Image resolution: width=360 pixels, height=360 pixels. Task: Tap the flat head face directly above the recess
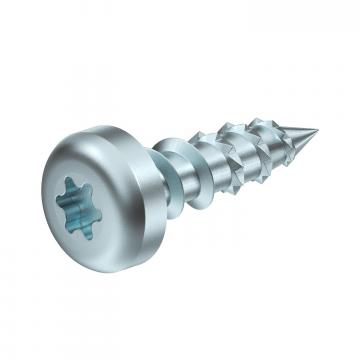tap(84, 160)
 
